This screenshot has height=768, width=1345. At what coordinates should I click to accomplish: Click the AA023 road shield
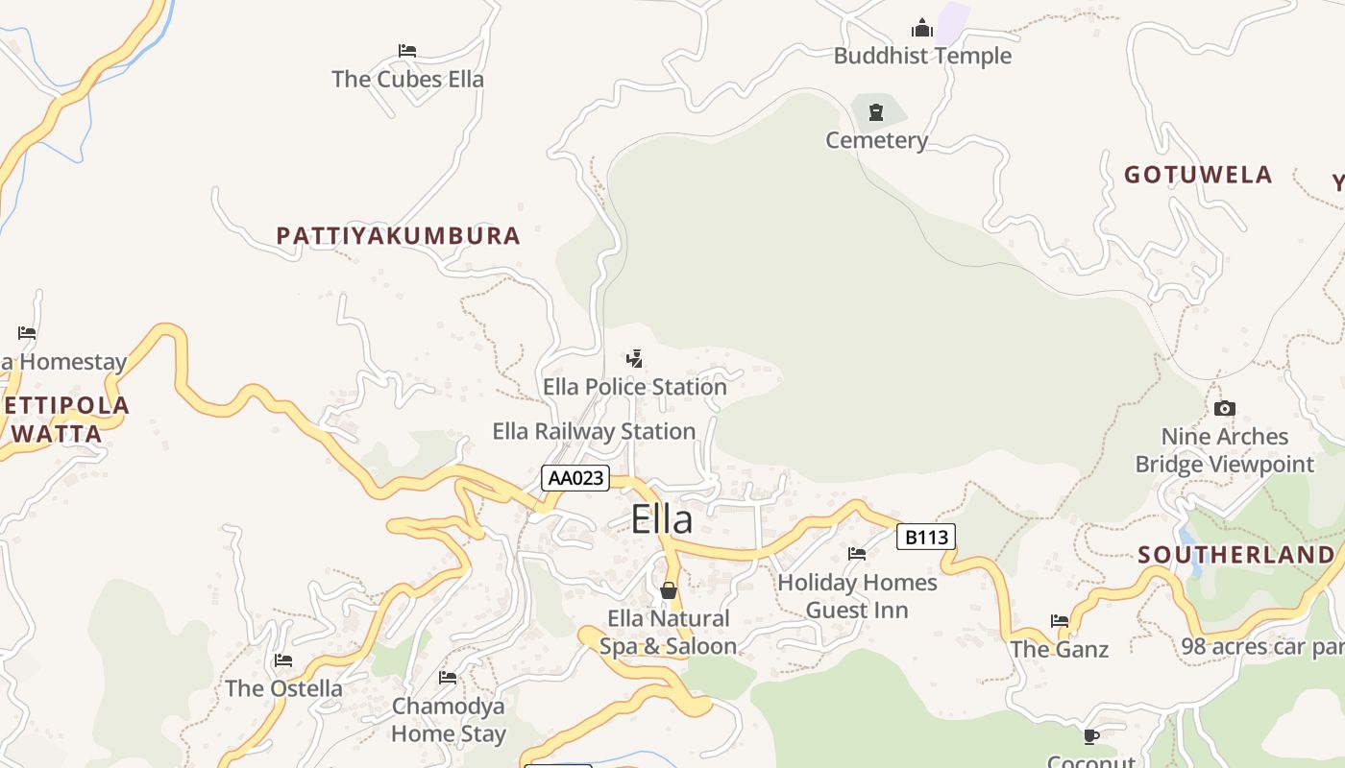coord(575,477)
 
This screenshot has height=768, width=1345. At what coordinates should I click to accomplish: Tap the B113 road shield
coord(926,537)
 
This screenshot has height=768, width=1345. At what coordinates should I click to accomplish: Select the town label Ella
coord(662,519)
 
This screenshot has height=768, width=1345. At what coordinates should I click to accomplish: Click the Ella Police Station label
coord(635,387)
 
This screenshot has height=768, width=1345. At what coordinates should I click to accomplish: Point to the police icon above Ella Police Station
coord(634,359)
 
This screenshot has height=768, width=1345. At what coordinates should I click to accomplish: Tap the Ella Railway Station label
coord(594,431)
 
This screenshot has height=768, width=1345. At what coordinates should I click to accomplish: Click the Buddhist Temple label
coord(922,56)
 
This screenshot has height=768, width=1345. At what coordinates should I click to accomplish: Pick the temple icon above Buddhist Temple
coord(922,28)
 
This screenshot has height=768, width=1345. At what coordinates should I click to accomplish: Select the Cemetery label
coord(876,140)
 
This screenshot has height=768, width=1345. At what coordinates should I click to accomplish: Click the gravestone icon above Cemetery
coord(875,113)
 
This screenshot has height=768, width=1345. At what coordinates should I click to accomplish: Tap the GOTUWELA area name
coord(1198,175)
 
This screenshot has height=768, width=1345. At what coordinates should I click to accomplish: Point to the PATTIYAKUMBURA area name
coord(398,235)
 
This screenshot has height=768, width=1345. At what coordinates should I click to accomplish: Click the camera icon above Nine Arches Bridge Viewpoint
coord(1224,409)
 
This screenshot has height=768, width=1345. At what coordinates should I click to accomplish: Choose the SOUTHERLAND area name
coord(1236,555)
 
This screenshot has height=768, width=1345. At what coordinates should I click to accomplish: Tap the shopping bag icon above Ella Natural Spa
coord(669,590)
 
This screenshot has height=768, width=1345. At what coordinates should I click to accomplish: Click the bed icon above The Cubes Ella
coord(407,51)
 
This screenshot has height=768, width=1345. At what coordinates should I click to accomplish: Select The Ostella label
coord(283,688)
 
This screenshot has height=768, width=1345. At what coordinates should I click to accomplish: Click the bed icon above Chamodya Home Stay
coord(448,678)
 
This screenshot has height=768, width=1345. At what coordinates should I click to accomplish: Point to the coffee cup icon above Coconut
coord(1090,736)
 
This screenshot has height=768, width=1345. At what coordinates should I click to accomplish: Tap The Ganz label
coord(1059,649)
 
